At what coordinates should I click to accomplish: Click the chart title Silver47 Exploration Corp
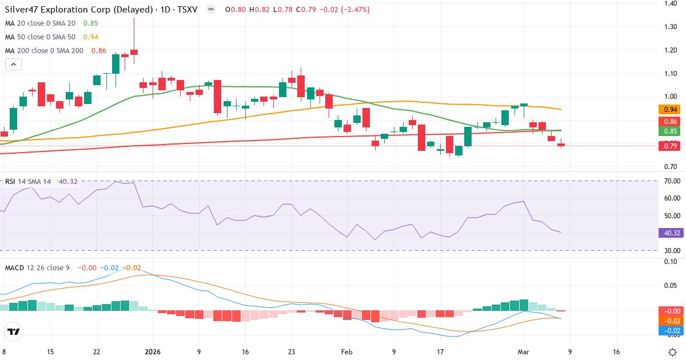point(69,10)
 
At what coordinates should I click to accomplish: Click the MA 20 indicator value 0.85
point(90,23)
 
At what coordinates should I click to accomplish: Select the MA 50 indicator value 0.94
point(90,37)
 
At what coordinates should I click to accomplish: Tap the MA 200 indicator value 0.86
point(98,51)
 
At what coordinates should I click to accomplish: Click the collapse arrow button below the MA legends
point(13,65)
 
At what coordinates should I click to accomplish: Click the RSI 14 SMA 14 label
point(28,182)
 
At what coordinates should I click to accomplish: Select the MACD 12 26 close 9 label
point(38,268)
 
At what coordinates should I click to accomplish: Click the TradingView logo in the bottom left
point(13,331)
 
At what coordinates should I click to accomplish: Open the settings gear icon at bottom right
point(673,351)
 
